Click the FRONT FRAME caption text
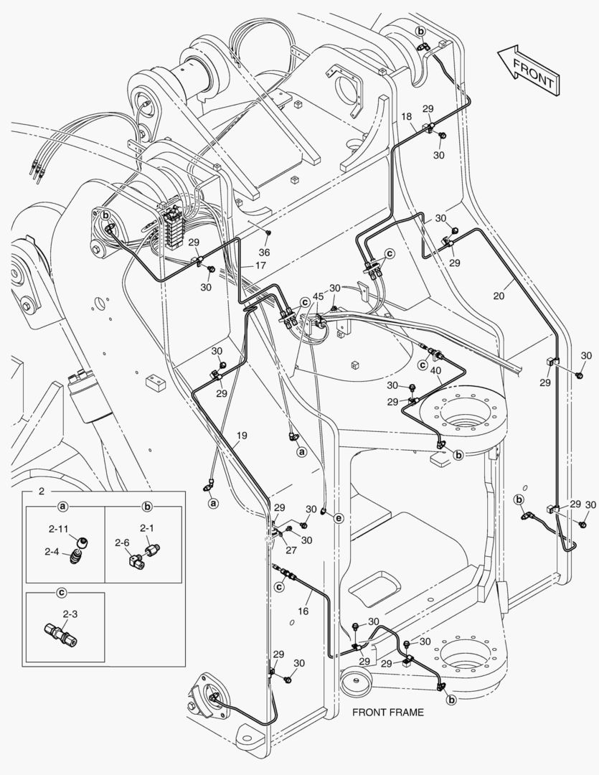click(x=387, y=713)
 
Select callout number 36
click(x=264, y=252)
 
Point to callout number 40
click(x=435, y=370)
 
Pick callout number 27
click(x=291, y=551)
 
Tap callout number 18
click(x=406, y=116)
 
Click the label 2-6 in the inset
click(x=121, y=543)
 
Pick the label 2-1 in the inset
click(x=146, y=527)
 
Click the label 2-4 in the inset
click(x=51, y=552)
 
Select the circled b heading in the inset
click(x=147, y=507)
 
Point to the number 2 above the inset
click(x=41, y=492)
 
